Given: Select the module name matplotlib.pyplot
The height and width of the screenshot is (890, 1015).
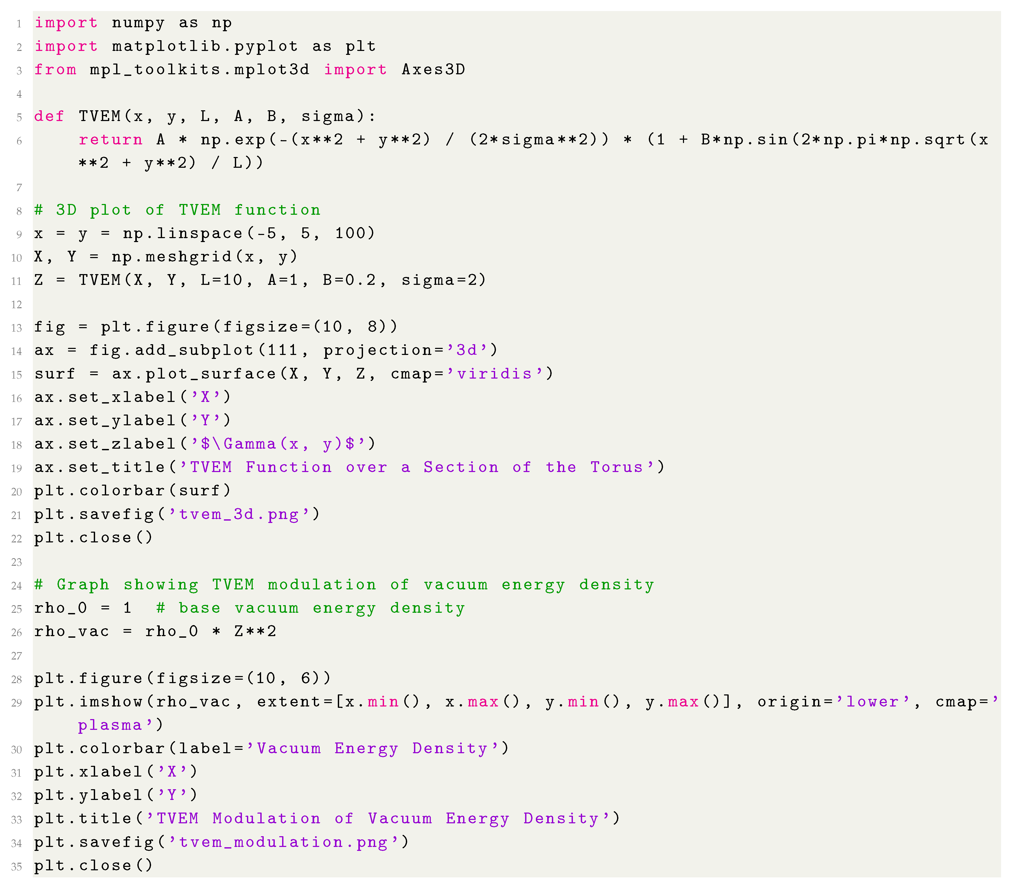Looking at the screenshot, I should (x=205, y=47).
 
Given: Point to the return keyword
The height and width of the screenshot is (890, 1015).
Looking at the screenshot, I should (x=110, y=140).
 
